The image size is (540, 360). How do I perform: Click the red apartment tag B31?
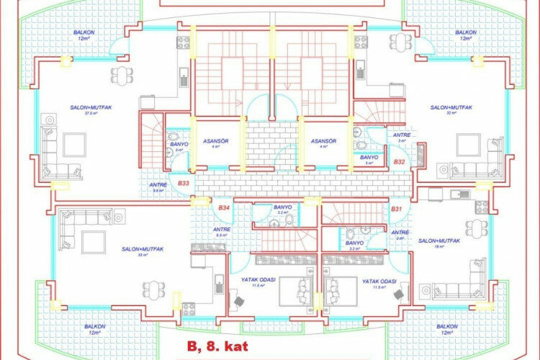(396, 208)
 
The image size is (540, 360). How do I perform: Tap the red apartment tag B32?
(399, 163)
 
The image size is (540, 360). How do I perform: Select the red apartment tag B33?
(184, 184)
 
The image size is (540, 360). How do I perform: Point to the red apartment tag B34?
(224, 208)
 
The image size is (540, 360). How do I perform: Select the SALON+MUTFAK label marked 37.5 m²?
(91, 107)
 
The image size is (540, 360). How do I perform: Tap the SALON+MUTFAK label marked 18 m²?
(438, 240)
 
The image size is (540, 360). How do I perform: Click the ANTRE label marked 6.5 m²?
(222, 230)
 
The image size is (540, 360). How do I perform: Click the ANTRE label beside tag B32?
(400, 135)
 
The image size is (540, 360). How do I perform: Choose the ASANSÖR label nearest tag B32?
(324, 141)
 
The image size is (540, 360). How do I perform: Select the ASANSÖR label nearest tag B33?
(215, 141)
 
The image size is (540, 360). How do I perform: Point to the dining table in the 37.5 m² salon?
(122, 73)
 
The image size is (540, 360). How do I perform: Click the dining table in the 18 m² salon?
(475, 228)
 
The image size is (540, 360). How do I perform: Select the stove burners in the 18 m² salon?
(480, 207)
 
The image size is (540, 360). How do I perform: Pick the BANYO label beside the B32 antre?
(369, 157)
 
